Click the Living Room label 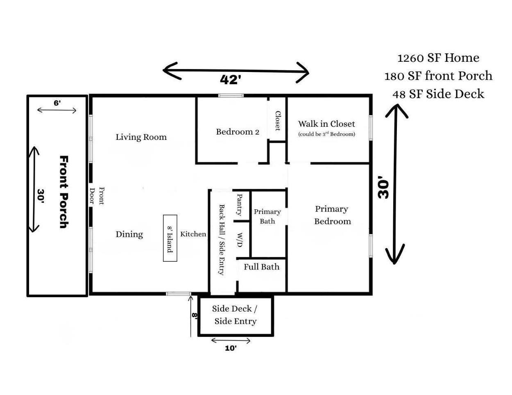coord(141,137)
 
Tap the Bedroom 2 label coord(238,132)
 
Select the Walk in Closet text coord(326,124)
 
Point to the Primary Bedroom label coord(332,215)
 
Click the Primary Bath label coord(267,216)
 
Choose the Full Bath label coord(261,267)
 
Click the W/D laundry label coord(240,240)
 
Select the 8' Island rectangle coord(170,238)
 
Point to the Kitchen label coord(193,234)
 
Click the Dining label coord(129,234)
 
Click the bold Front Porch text coord(63,191)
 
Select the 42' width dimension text coord(229,80)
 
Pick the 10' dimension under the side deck coord(231,348)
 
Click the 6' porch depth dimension coord(57,103)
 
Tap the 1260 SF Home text coord(438,58)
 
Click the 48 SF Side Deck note coord(438,94)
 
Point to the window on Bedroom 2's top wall coord(231,96)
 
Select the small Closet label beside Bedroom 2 coord(278,121)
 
